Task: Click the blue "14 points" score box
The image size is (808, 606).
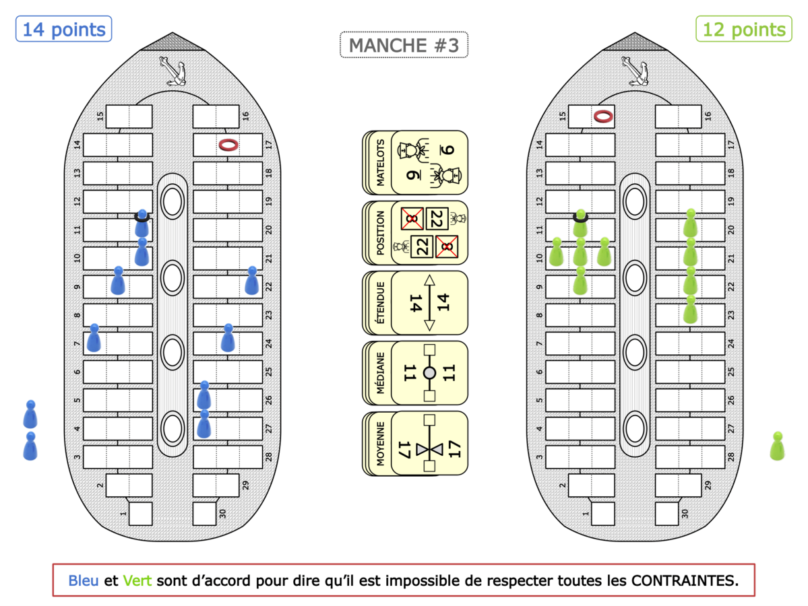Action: (x=64, y=30)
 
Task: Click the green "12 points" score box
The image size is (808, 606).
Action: (x=743, y=30)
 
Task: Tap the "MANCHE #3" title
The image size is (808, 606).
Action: (x=404, y=46)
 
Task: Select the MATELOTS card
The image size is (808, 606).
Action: (x=415, y=162)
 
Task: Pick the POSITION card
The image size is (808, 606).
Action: (x=415, y=232)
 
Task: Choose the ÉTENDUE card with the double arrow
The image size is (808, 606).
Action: (x=415, y=302)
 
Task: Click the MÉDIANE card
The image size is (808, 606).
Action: (x=415, y=372)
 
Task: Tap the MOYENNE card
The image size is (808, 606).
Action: (x=415, y=442)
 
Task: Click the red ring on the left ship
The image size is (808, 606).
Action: (x=229, y=144)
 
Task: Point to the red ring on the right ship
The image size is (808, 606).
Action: (x=603, y=116)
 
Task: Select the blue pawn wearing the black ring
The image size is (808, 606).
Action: (x=142, y=225)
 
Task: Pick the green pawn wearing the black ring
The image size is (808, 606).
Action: (x=580, y=225)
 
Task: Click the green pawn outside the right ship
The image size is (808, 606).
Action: (x=777, y=446)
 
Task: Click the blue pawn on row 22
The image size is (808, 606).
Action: (x=252, y=281)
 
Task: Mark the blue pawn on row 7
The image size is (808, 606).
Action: (x=94, y=338)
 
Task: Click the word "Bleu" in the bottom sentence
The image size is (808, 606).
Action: (x=84, y=580)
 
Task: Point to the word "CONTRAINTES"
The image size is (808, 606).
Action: (x=682, y=580)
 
